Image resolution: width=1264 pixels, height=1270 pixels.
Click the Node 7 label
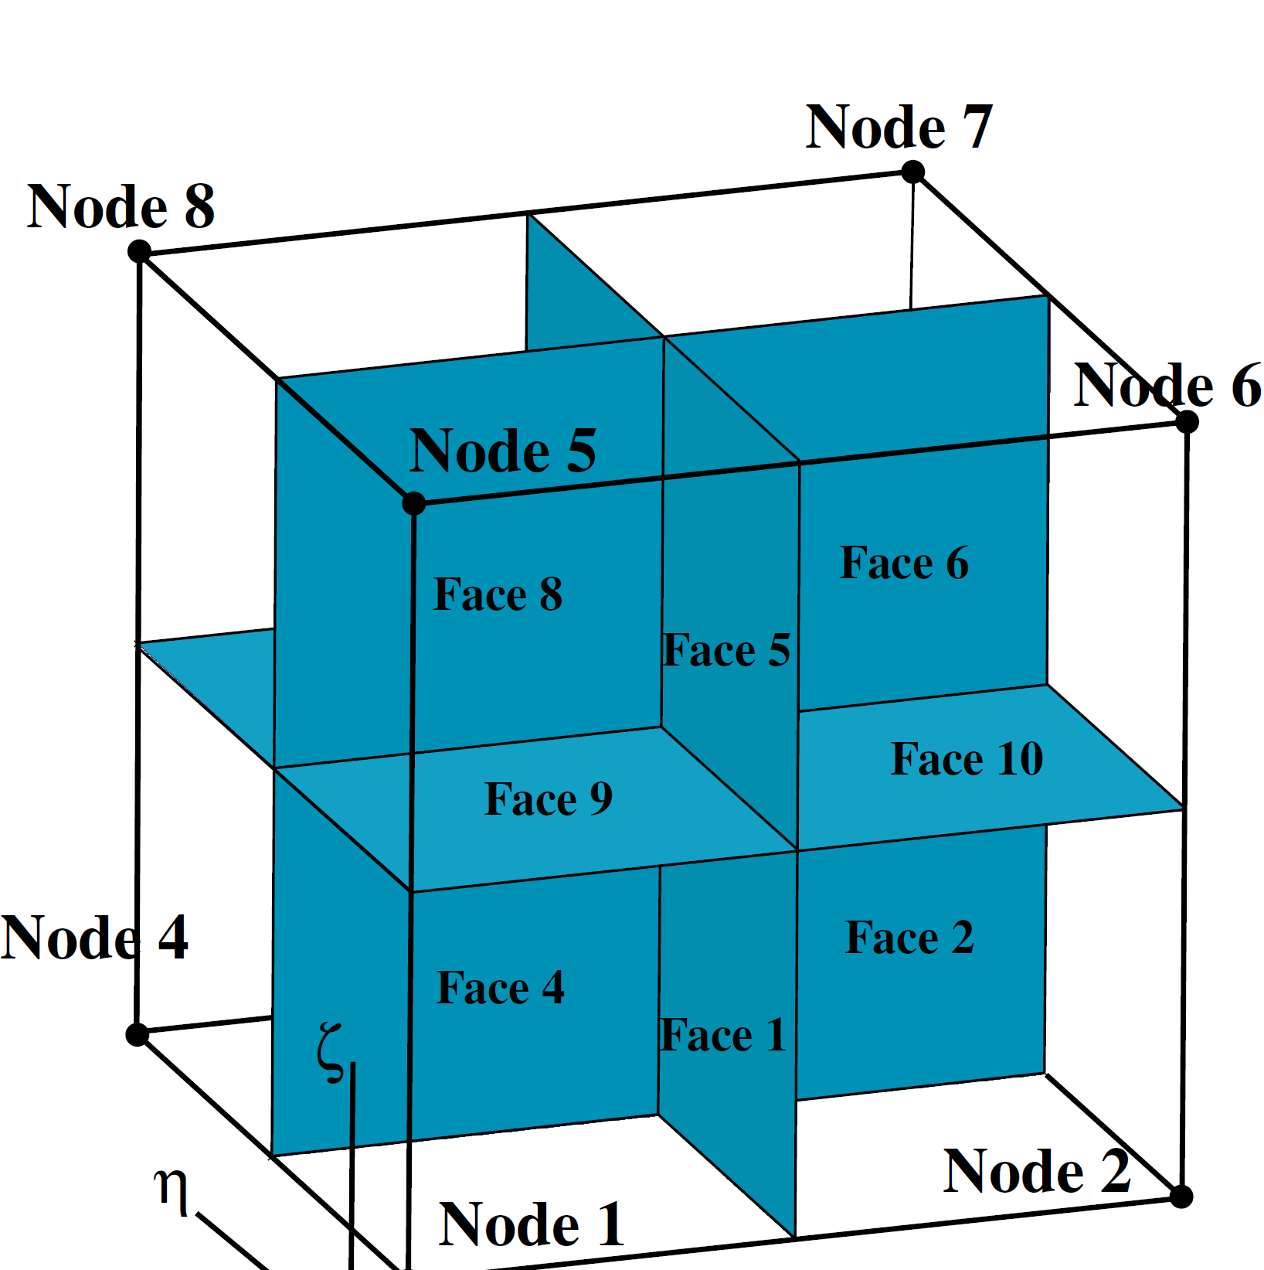tap(899, 128)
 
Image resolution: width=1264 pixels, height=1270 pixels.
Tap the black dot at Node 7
tap(913, 172)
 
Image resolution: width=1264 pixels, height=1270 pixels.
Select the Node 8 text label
tap(121, 207)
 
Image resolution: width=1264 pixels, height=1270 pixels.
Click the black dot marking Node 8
tap(139, 251)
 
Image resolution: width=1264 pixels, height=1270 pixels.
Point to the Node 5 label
tap(502, 451)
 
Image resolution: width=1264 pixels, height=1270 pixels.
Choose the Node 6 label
tap(1167, 385)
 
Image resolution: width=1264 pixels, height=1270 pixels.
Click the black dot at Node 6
tap(1188, 422)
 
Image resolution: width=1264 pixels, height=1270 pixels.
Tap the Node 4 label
tap(94, 938)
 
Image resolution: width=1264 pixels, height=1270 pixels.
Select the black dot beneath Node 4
tap(138, 1034)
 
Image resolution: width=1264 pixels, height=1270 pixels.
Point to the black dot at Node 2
tap(1181, 1197)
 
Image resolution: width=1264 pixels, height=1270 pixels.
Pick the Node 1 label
tap(531, 1225)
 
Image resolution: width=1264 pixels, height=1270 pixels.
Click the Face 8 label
tap(498, 594)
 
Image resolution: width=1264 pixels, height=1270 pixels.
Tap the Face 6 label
tap(904, 563)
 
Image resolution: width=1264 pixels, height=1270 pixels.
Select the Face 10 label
tap(967, 759)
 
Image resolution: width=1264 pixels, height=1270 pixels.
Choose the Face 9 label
tap(548, 799)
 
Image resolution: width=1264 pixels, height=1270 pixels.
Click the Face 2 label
tap(909, 938)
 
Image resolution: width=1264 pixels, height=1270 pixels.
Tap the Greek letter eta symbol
tap(172, 1190)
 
